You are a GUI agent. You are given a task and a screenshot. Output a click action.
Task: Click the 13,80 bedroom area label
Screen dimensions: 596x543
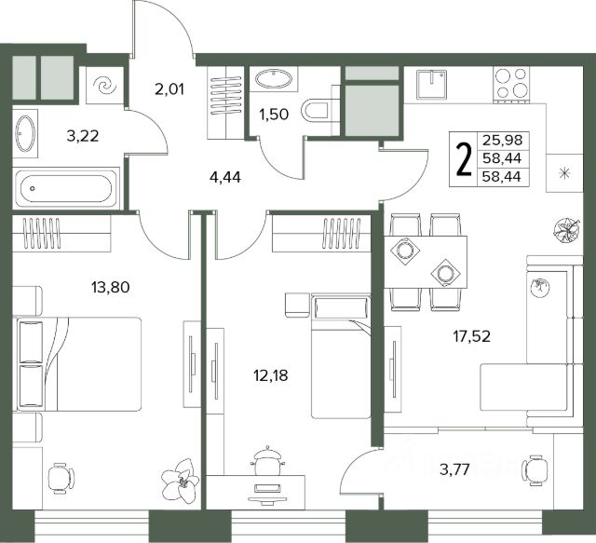tap(110, 287)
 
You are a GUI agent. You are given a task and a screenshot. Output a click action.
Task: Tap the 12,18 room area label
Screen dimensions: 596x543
tap(271, 375)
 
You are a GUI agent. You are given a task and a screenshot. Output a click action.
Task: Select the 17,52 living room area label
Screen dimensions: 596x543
tap(472, 336)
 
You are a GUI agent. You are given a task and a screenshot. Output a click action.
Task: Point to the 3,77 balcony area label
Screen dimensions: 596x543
tap(455, 469)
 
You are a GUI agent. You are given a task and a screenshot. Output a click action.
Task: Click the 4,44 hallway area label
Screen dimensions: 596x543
tap(225, 177)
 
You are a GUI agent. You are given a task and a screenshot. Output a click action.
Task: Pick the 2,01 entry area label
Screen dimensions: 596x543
tap(169, 89)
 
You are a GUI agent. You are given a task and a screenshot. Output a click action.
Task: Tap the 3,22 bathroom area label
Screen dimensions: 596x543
tap(83, 135)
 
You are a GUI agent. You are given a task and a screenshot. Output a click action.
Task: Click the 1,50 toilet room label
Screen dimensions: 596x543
tap(274, 114)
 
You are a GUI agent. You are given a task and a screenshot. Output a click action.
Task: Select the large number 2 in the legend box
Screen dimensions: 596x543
tap(464, 159)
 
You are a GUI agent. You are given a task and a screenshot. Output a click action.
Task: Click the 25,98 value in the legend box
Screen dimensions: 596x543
tap(503, 140)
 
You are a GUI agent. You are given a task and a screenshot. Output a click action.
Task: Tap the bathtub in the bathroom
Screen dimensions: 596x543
tap(66, 188)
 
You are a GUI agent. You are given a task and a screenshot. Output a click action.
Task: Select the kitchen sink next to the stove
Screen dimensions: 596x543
tap(431, 85)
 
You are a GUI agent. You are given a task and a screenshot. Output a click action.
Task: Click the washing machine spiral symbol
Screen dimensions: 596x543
tap(104, 85)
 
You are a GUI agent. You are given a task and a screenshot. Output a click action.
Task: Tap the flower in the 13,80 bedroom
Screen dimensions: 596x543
tap(180, 481)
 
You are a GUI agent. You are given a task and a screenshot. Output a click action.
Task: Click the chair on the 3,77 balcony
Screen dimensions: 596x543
tap(535, 470)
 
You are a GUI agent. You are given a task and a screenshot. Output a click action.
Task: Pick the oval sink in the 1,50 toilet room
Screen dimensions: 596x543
tap(274, 79)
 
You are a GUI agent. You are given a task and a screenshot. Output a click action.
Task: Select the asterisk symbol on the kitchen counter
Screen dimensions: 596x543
tap(564, 173)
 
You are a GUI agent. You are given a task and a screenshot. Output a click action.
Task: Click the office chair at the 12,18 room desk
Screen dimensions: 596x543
tap(266, 460)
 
